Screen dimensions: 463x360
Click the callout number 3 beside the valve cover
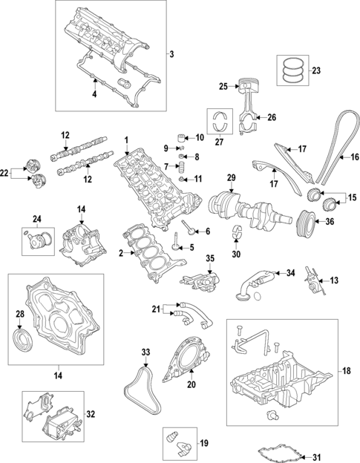(x=171, y=54)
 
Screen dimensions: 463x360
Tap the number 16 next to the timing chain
(x=354, y=157)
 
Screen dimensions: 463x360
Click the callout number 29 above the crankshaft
(x=231, y=177)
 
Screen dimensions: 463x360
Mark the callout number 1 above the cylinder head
(x=127, y=140)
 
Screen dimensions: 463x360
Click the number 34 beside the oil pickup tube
(x=291, y=273)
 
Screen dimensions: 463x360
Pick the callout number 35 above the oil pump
(x=210, y=258)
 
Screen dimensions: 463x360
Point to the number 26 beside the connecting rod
(x=271, y=117)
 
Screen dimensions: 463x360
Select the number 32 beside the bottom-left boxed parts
(x=91, y=415)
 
